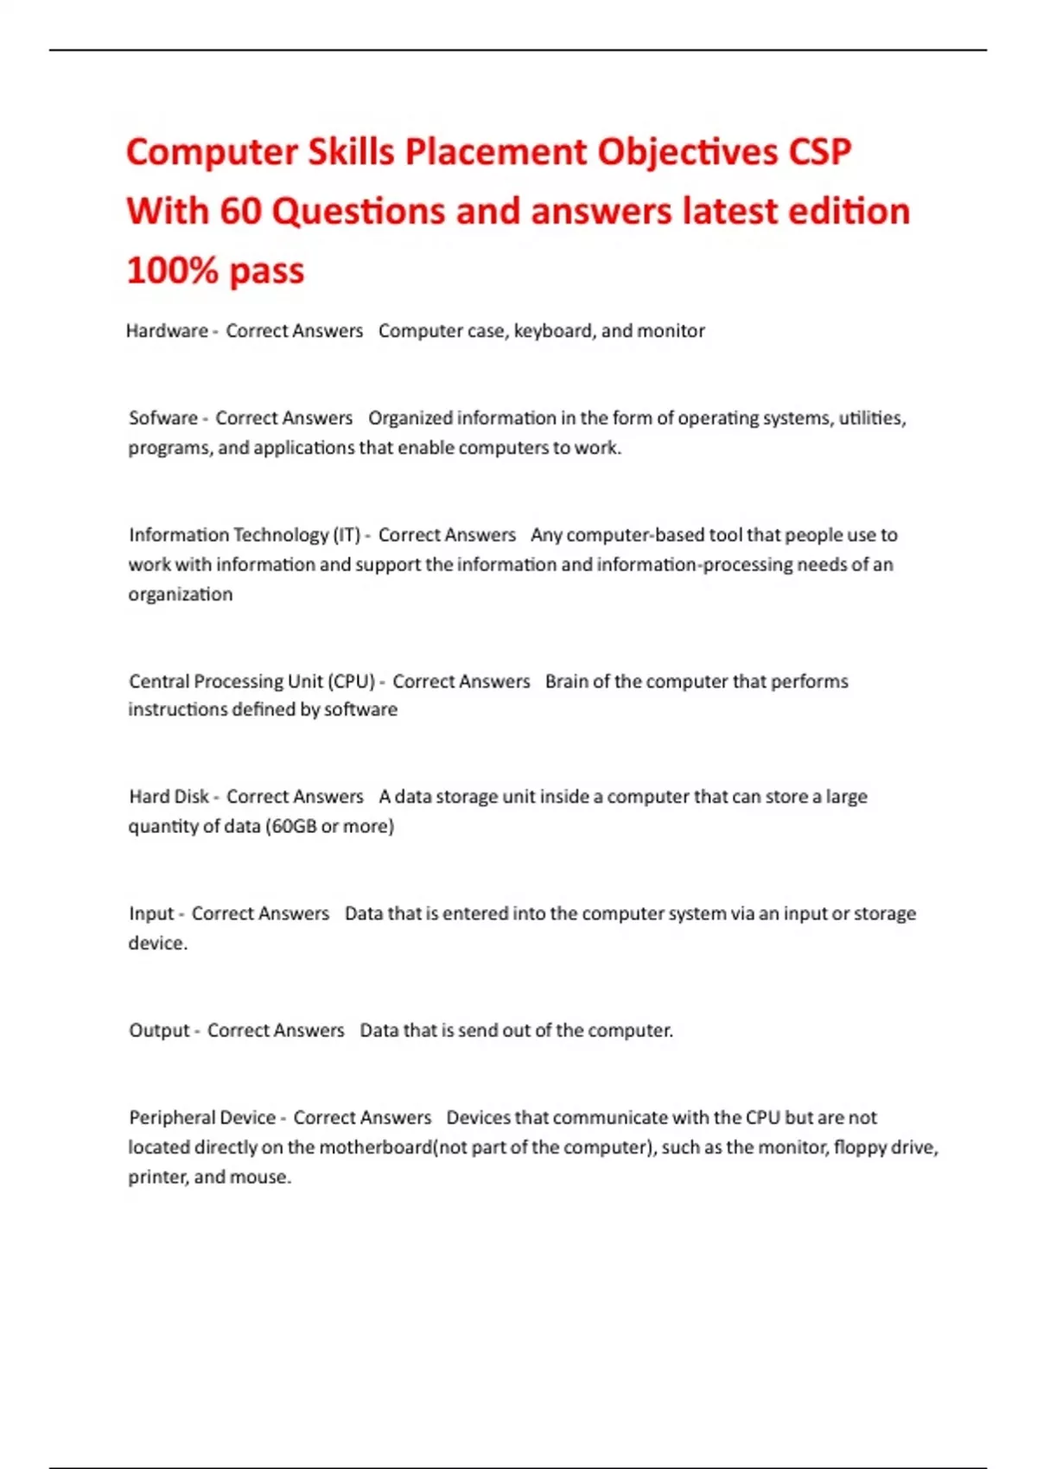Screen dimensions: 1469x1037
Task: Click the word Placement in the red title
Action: point(496,152)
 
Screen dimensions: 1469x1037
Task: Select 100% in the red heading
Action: point(172,270)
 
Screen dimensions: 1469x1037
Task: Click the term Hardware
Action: point(167,331)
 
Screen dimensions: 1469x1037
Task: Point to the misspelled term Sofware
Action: point(163,418)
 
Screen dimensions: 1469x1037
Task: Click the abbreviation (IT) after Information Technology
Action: point(347,535)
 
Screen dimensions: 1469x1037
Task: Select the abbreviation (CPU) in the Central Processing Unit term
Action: point(352,681)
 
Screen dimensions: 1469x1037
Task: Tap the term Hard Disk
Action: point(169,797)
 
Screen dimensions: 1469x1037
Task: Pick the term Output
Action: point(159,1030)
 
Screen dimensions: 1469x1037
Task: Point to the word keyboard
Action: point(553,331)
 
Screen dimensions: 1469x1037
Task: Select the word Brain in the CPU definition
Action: point(567,681)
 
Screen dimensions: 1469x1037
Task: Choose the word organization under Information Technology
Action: point(181,595)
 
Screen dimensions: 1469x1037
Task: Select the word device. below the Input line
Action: point(157,943)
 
